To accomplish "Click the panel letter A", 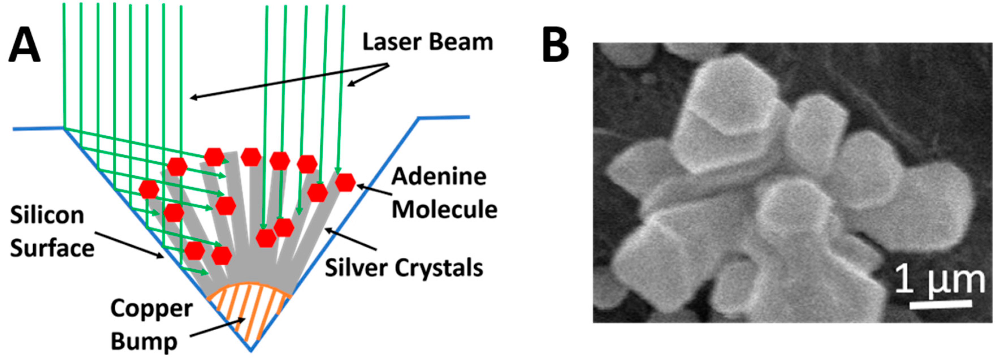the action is (24, 46).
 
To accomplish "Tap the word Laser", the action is (391, 42).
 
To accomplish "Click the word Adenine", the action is (439, 177).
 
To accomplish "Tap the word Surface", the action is (52, 248).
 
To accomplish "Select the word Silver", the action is (355, 268).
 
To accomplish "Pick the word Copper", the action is (151, 309).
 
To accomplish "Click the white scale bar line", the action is (941, 305).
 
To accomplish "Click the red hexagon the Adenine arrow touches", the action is (345, 182).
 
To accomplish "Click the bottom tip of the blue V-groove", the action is (251, 351).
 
